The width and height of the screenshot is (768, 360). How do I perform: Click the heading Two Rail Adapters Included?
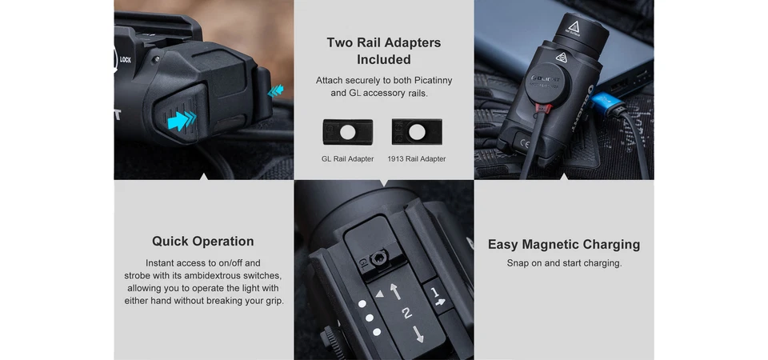383,51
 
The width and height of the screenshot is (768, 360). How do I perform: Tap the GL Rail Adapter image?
347,132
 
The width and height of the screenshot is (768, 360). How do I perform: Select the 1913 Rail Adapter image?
417,132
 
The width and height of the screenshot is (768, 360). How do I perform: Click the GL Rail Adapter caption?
347,158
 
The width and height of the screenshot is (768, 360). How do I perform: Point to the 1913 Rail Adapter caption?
417,158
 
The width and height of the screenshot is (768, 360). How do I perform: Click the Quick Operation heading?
202,241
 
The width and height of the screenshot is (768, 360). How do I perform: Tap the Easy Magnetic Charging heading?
564,245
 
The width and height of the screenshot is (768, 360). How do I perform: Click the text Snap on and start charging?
564,263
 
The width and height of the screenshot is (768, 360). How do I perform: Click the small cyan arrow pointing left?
275,90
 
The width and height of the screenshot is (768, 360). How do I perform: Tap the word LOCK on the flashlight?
126,60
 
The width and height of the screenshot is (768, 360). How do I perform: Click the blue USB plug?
607,103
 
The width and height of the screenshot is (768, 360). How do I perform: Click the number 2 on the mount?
407,313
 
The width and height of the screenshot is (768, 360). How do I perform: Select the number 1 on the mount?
434,293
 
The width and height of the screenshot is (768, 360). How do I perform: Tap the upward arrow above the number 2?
395,291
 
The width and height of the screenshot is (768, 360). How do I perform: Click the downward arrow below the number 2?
418,334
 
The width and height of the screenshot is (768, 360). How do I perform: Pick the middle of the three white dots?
370,318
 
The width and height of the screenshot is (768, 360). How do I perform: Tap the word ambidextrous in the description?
209,275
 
